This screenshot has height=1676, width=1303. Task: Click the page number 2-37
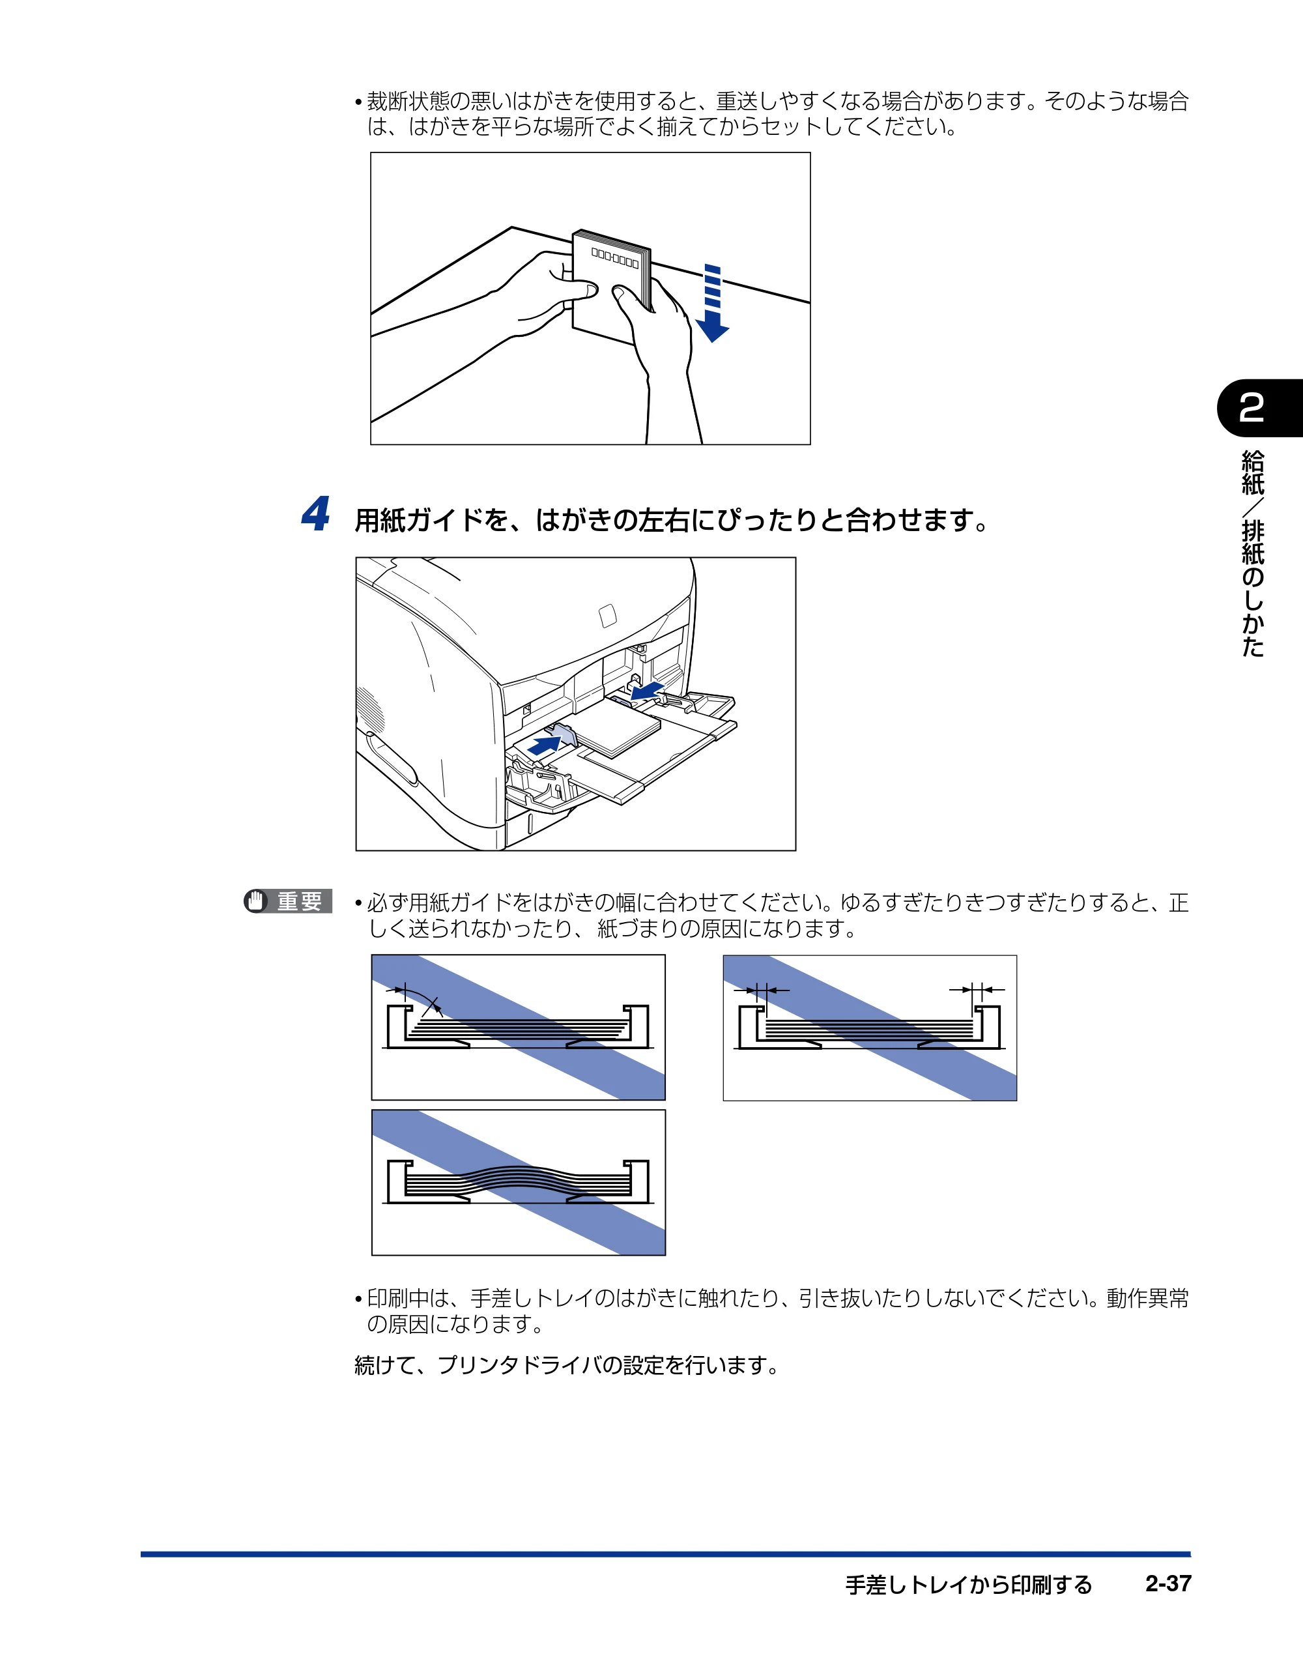coord(1168,1583)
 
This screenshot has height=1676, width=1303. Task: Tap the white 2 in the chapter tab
coord(1251,407)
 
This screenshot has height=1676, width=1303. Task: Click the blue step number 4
coord(315,513)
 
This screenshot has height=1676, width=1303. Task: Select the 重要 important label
coord(299,901)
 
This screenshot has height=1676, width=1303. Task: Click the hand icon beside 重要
coord(255,901)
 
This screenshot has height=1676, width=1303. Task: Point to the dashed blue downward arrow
coord(712,303)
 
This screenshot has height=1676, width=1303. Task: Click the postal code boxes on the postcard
coord(614,259)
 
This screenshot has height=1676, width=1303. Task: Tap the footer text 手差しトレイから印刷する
coord(968,1585)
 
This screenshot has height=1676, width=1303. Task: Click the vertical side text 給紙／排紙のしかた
coord(1252,553)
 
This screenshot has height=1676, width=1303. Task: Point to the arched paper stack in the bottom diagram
coord(518,1180)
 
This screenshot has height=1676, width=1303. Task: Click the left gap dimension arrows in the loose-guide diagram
coord(761,990)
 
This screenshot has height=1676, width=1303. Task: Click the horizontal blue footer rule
coord(665,1554)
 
